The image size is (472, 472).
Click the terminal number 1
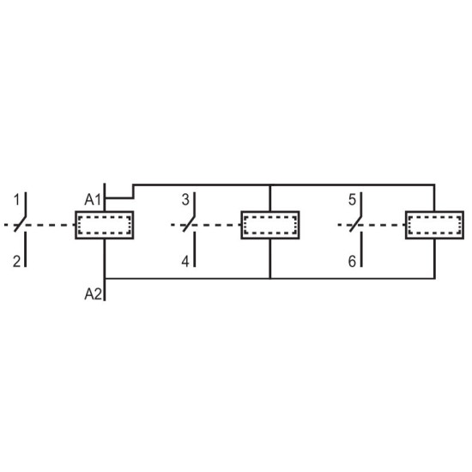tap(17, 200)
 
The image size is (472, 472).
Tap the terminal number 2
tap(17, 261)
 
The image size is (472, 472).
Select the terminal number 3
tap(185, 200)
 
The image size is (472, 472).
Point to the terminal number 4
tap(185, 261)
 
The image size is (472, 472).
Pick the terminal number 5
tap(352, 200)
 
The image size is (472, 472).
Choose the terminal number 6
tap(352, 261)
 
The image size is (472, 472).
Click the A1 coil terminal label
tap(93, 200)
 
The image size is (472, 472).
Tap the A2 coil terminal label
tap(94, 294)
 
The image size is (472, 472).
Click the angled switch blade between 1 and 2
tap(20, 224)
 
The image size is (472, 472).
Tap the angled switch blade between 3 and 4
tap(189, 224)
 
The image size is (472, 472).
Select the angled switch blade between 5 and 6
tap(355, 224)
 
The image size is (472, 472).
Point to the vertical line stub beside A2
tap(105, 289)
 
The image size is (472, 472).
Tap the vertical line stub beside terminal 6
tap(361, 249)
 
